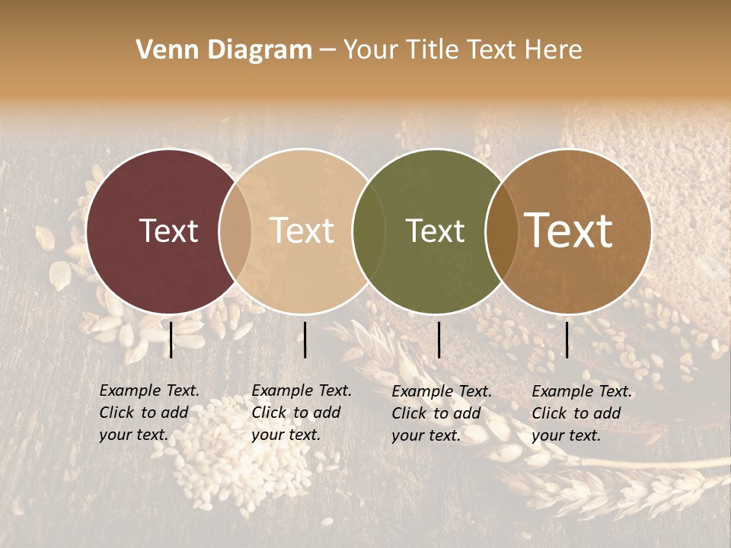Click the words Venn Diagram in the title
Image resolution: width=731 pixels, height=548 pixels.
pyautogui.click(x=224, y=50)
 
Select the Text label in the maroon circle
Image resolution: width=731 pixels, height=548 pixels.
pyautogui.click(x=168, y=231)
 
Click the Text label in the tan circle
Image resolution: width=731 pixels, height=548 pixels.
pyautogui.click(x=302, y=231)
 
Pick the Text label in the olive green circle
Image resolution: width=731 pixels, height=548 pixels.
pyautogui.click(x=435, y=231)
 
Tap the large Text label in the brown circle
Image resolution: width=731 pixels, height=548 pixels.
pyautogui.click(x=569, y=231)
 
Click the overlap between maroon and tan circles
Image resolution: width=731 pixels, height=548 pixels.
pyautogui.click(x=235, y=231)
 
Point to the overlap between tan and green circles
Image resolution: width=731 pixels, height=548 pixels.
pyautogui.click(x=366, y=231)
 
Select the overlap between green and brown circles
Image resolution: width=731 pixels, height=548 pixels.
pyautogui.click(x=500, y=231)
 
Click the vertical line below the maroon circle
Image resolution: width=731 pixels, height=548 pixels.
pyautogui.click(x=171, y=339)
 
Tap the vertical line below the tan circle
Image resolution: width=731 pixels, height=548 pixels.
pyautogui.click(x=305, y=339)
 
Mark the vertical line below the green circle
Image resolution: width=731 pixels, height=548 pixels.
pyautogui.click(x=439, y=339)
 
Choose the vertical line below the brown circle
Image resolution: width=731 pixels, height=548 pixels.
pyautogui.click(x=567, y=339)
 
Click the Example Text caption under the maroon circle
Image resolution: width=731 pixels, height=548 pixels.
pyautogui.click(x=149, y=413)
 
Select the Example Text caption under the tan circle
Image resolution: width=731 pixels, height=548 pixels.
pyautogui.click(x=302, y=413)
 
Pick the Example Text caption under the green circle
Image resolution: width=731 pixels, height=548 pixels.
pyautogui.click(x=442, y=413)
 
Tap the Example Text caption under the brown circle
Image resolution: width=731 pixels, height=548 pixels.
pyautogui.click(x=582, y=413)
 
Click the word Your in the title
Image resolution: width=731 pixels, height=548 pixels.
pyautogui.click(x=371, y=50)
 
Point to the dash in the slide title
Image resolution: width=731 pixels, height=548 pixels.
pyautogui.click(x=327, y=51)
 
